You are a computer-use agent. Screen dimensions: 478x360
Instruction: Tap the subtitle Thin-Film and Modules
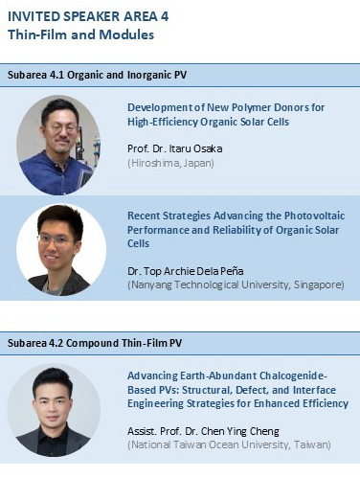pos(80,35)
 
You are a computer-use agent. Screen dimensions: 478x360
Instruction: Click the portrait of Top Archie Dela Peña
pos(61,249)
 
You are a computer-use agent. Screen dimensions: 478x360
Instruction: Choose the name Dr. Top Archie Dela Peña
pos(196,271)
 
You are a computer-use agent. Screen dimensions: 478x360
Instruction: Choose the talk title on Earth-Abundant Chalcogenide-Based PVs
pos(233,391)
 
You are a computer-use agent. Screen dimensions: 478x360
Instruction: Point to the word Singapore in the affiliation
pos(318,285)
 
